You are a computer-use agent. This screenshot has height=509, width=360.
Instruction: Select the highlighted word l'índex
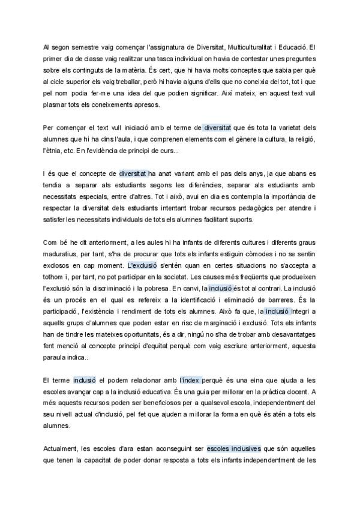coord(190,381)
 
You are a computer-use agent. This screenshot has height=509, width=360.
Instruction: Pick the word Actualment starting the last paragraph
coord(62,450)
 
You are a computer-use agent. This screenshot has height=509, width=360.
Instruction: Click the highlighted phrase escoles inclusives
coord(233,450)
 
